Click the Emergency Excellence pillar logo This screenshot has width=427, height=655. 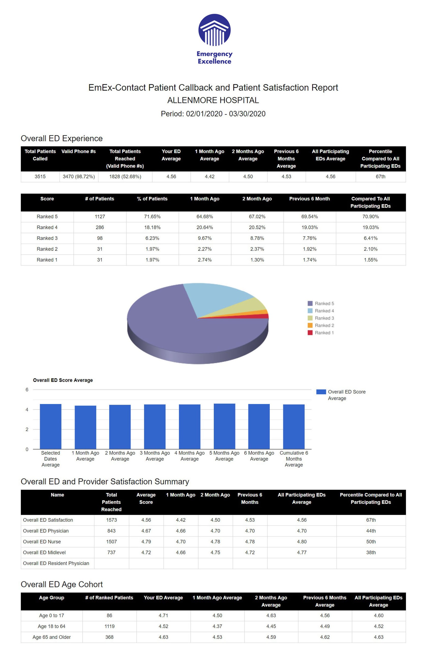point(214,30)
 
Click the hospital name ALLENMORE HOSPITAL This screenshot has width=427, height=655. point(213,100)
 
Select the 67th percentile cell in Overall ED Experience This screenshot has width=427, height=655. point(380,177)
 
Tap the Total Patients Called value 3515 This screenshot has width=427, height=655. point(40,177)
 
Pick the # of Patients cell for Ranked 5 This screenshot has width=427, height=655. point(100,216)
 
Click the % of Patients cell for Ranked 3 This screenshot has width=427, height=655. point(152,238)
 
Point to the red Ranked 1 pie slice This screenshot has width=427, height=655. point(258,316)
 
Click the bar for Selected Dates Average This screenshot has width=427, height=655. point(51,426)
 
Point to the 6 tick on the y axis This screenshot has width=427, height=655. point(27,390)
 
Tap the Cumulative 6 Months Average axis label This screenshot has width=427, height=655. point(294,459)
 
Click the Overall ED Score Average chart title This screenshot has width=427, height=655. point(63,380)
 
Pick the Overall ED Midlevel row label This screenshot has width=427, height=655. point(44,552)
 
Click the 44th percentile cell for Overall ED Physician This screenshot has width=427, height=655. point(371,531)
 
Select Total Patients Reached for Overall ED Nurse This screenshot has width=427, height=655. point(111,542)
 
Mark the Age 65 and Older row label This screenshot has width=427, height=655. point(52,637)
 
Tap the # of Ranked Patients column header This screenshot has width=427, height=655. point(109,598)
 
